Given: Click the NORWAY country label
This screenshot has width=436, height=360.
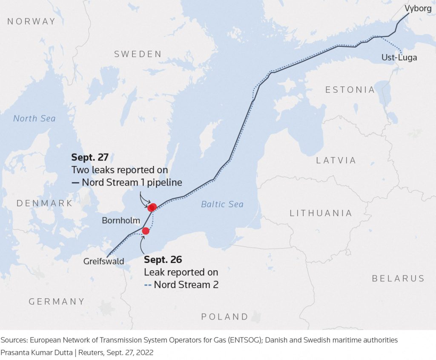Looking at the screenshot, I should (32, 21).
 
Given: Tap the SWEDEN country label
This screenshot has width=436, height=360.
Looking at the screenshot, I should (138, 54).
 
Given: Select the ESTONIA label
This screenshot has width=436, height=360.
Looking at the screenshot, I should (350, 90).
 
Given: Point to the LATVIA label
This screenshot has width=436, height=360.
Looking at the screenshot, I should (336, 160).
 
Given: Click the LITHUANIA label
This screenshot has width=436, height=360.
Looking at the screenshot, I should (321, 213).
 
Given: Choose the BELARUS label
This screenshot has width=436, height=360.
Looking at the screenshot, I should (398, 278).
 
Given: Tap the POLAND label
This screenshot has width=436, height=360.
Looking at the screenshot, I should (224, 317).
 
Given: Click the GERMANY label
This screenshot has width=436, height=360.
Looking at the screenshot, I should (57, 301).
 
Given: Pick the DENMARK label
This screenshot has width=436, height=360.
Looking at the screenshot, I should (45, 203).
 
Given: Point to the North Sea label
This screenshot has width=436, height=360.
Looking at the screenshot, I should (34, 118).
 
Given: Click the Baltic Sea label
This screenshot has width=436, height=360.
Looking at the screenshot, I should (222, 205).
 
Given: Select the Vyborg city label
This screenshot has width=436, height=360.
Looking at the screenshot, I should (418, 8).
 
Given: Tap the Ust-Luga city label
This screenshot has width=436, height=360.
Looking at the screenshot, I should (399, 57).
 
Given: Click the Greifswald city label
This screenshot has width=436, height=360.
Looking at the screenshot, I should (103, 261).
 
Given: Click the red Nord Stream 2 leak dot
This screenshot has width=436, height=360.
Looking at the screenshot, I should (146, 231).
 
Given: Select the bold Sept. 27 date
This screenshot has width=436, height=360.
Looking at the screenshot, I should (89, 158).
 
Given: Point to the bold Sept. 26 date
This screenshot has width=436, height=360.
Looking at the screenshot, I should (163, 260).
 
